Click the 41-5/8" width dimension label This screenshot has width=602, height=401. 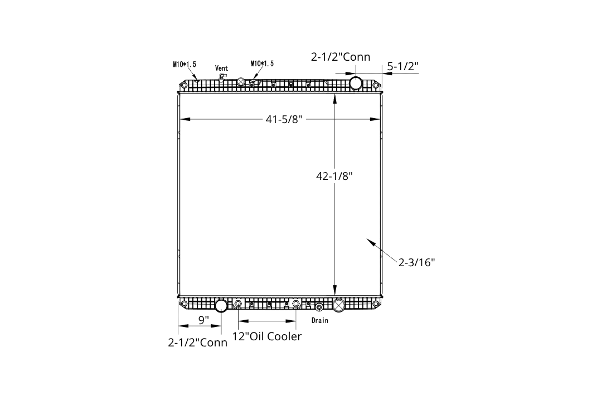point(284,119)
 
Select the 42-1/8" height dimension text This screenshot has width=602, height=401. point(334,176)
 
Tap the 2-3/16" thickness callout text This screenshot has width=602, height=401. point(416,262)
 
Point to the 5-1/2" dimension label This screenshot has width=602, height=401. point(402,66)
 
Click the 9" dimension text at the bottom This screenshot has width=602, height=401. point(203,320)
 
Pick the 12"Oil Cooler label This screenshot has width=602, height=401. point(267,336)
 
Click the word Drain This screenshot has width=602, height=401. point(320,320)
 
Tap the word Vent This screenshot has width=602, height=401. point(221,69)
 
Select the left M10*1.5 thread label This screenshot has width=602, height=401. point(185,64)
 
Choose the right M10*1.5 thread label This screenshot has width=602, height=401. point(262,63)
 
